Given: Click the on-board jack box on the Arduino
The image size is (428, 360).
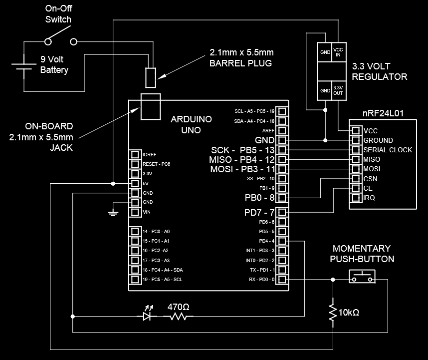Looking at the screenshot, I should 150,106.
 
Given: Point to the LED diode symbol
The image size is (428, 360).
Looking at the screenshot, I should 147,316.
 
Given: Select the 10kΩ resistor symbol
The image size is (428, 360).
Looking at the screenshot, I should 333,312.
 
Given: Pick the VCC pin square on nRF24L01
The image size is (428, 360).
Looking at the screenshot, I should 356,130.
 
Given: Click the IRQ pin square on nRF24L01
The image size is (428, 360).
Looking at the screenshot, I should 356,198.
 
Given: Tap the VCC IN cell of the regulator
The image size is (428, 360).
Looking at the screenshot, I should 338,51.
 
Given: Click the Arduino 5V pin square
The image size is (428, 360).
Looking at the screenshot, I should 134,183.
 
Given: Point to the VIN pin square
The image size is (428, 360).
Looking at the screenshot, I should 134,212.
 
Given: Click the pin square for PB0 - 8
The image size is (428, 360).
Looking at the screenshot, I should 282,198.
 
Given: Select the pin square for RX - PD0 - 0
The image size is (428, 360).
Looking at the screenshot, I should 282,280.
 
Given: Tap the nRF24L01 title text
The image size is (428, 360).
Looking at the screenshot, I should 383,113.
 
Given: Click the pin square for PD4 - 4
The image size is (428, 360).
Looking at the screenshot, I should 282,241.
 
